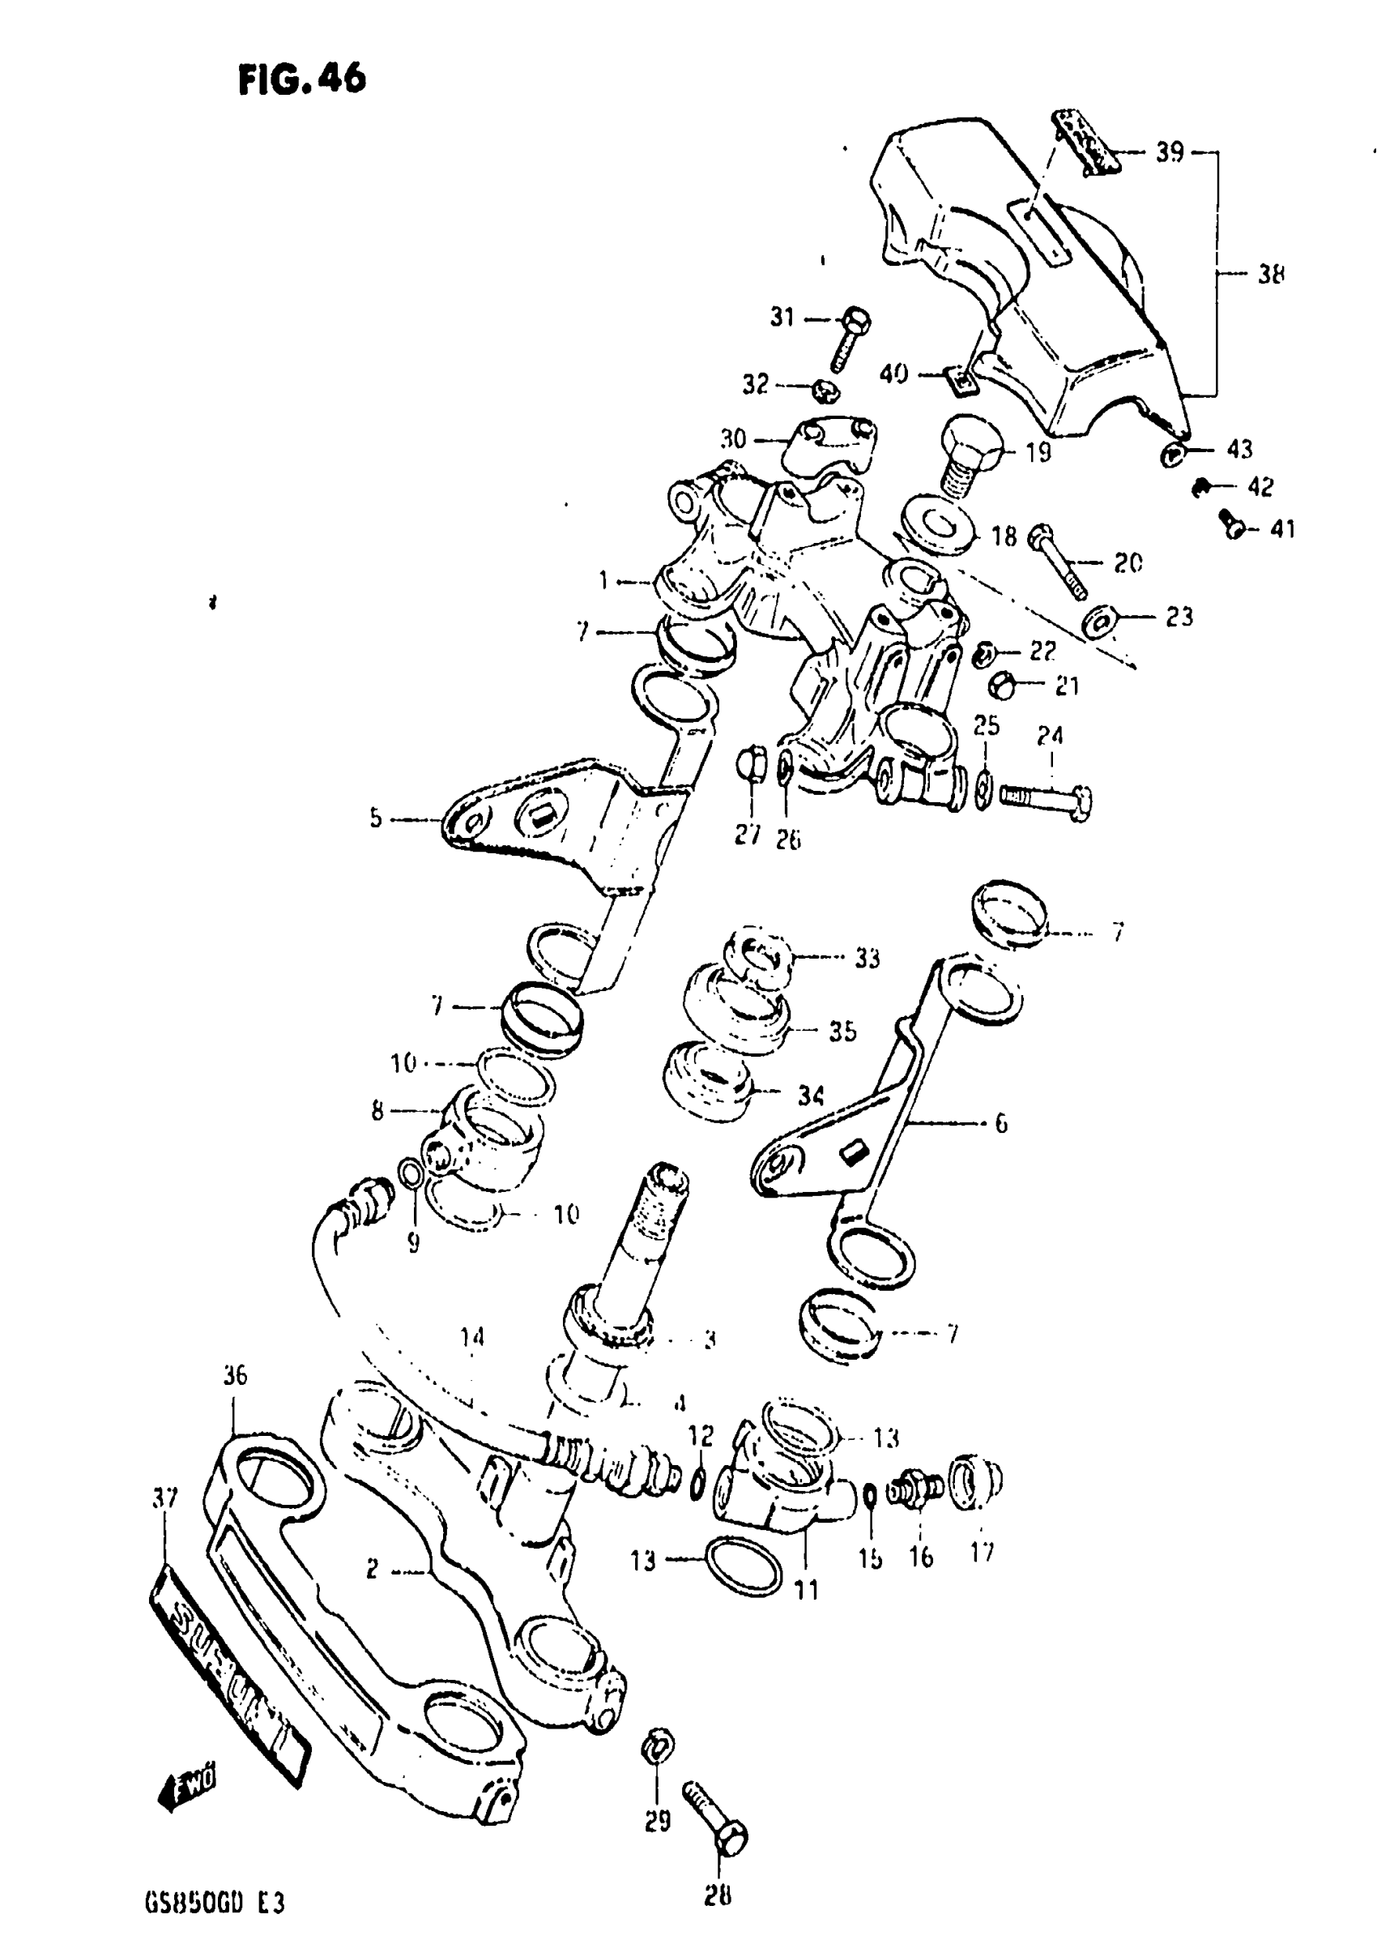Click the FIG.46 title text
[x=301, y=79]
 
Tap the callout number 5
[x=376, y=819]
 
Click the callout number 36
[x=235, y=1375]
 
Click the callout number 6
[x=1000, y=1122]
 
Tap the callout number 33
[x=867, y=958]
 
